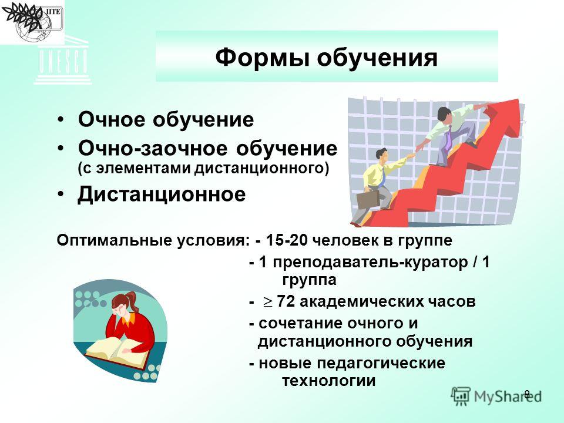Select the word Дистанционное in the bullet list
[x=162, y=194]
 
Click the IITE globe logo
[x=32, y=22]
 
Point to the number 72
[x=286, y=301]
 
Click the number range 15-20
[x=287, y=240]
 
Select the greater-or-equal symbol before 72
[x=267, y=303]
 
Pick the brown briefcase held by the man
[x=368, y=200]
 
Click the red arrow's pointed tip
[x=519, y=100]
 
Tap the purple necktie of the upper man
[x=448, y=139]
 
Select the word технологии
[x=329, y=381]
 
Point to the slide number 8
[x=527, y=394]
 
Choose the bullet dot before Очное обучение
[x=62, y=119]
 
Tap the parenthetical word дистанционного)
[x=262, y=169]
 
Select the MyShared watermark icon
[x=461, y=396]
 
